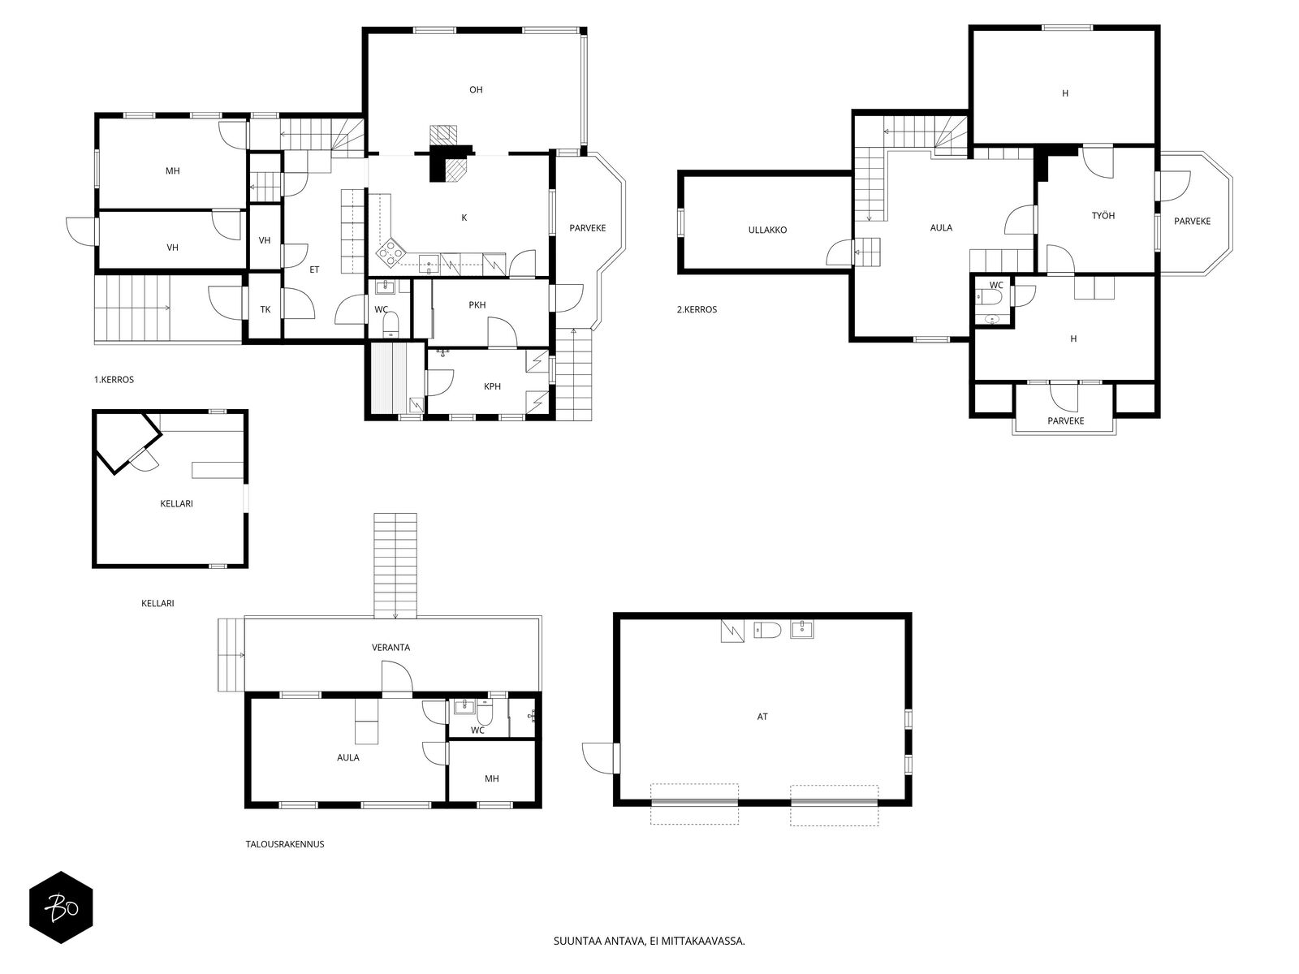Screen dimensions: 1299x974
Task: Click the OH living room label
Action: coord(476,90)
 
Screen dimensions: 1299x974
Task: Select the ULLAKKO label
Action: coord(767,230)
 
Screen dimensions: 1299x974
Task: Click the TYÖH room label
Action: coord(1103,216)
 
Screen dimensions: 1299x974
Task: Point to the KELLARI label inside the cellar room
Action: coord(176,504)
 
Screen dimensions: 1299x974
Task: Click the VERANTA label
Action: coord(391,648)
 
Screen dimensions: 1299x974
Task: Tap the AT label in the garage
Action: coord(762,717)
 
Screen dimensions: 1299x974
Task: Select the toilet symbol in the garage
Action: coord(767,631)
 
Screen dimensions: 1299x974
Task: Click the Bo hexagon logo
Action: coord(61,907)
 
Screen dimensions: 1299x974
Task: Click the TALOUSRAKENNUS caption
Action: coord(285,844)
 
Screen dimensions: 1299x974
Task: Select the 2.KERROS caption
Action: coord(697,309)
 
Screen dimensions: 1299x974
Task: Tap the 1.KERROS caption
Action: coord(114,380)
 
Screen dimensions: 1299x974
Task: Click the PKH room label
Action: coord(477,305)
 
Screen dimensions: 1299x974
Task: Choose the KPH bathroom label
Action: coord(492,387)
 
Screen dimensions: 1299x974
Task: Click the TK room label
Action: coord(265,309)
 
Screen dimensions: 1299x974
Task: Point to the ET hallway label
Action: coord(314,269)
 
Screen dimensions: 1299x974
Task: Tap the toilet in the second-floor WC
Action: coord(987,296)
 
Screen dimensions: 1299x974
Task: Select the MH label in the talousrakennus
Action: coord(492,779)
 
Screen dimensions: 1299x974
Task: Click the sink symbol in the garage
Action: coord(802,629)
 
